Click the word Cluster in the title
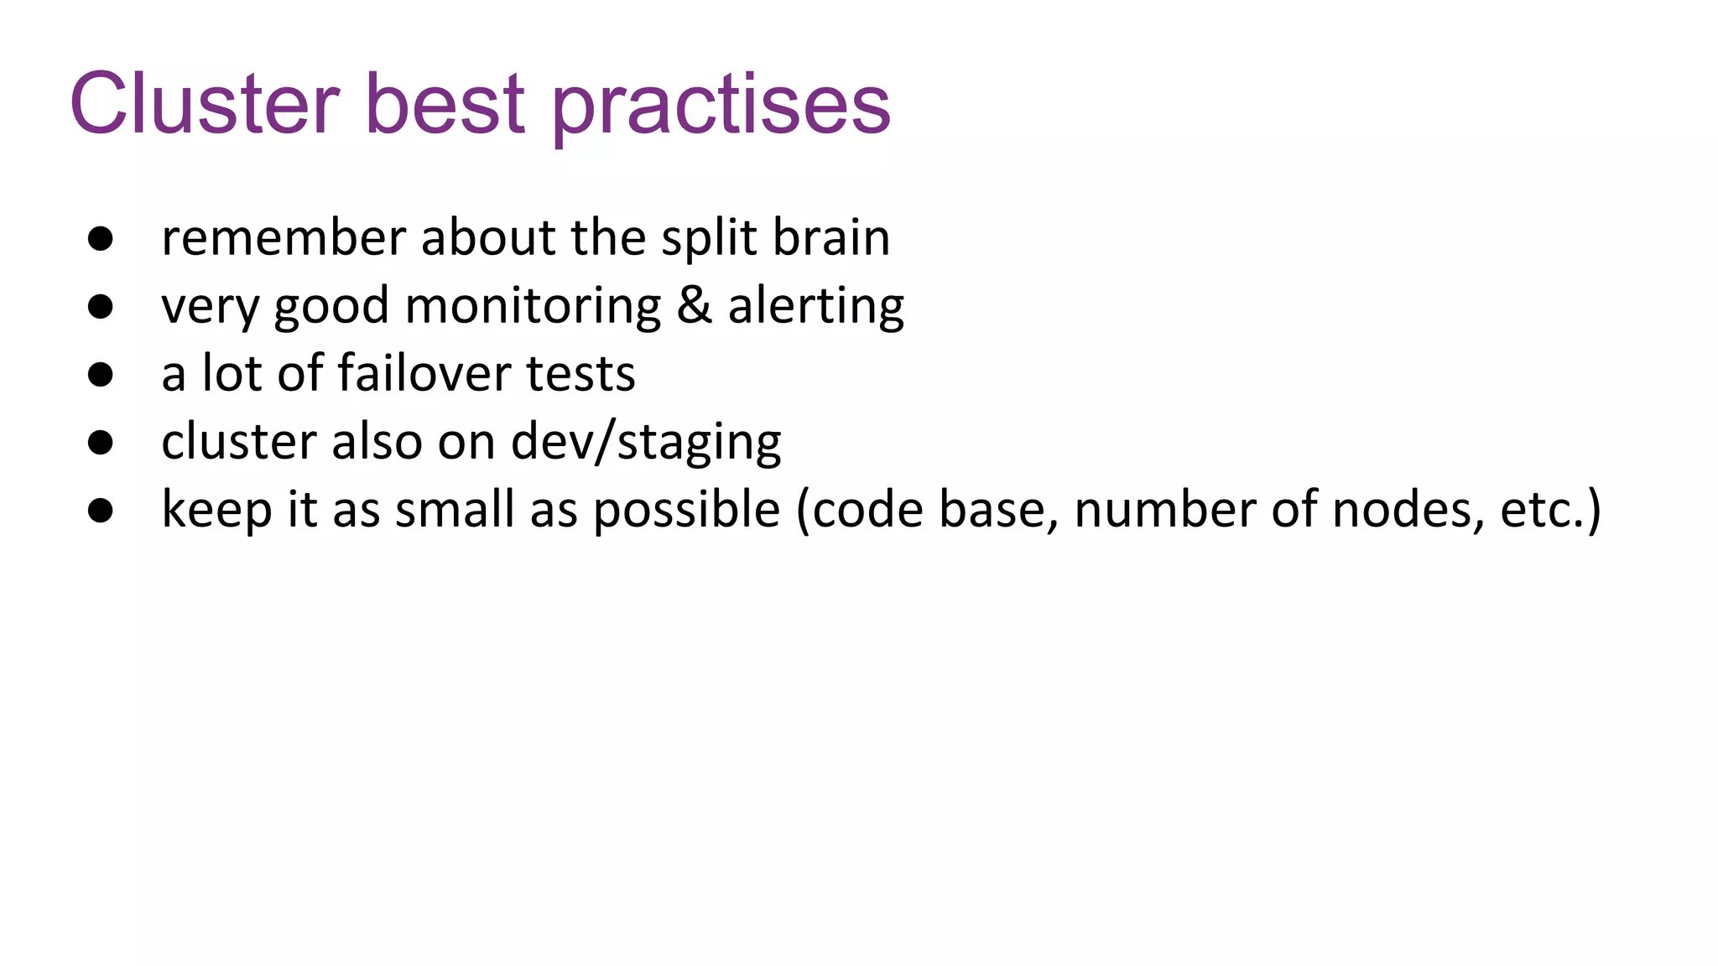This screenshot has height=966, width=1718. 205,104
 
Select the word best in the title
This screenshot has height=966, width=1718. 445,104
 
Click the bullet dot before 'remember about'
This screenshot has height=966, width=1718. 101,238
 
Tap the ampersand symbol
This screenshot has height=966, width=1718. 694,304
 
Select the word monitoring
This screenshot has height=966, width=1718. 533,308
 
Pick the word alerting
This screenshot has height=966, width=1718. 815,308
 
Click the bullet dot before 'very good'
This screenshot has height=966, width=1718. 101,306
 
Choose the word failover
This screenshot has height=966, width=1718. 424,373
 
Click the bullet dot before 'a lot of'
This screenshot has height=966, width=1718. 101,374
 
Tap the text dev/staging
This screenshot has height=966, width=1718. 646,444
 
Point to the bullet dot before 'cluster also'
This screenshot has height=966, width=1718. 101,442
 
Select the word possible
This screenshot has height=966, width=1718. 686,512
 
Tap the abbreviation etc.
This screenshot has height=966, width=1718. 1541,511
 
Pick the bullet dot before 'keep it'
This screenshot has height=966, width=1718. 101,510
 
